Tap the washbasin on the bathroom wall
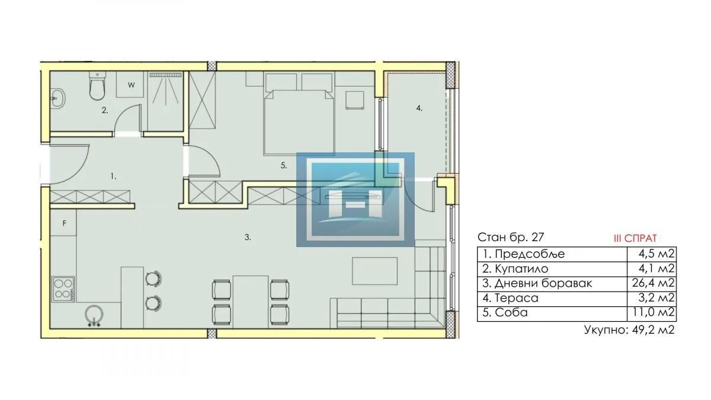coord(57,98)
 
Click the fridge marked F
coord(64,224)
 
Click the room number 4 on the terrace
coord(419,108)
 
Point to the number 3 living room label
coord(248,237)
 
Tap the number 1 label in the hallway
coord(113,176)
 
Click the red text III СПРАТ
coord(635,238)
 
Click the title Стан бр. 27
coord(510,238)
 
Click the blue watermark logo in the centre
coord(355,200)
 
